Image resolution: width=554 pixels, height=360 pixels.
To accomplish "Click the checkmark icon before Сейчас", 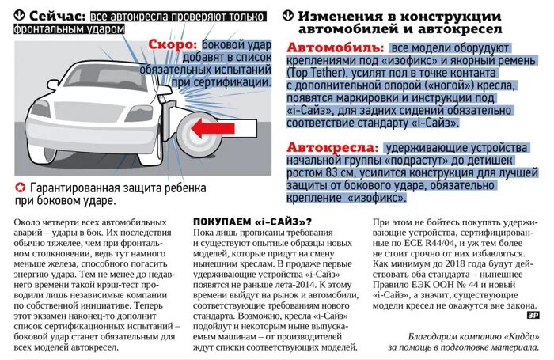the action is tap(17, 15).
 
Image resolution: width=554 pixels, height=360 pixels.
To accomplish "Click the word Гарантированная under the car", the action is tap(75, 188).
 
